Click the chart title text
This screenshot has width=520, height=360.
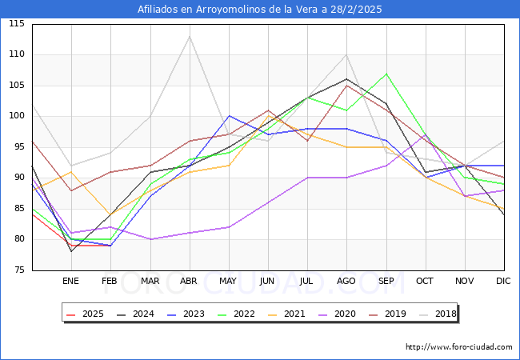[x=260, y=10]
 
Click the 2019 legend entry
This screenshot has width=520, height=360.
[x=394, y=314]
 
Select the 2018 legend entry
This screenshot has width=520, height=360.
[x=444, y=314]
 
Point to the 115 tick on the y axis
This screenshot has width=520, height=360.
[x=17, y=24]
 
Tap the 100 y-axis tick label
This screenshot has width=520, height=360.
[x=17, y=117]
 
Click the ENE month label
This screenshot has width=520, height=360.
[x=71, y=282]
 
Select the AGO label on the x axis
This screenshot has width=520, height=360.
[x=346, y=282]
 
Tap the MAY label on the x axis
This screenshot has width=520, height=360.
[x=229, y=282]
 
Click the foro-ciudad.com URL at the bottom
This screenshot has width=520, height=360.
[x=458, y=347]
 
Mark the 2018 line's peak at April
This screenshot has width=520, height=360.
[x=190, y=36]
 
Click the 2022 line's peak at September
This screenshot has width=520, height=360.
[x=386, y=74]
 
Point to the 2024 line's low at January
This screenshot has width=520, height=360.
[x=71, y=251]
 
